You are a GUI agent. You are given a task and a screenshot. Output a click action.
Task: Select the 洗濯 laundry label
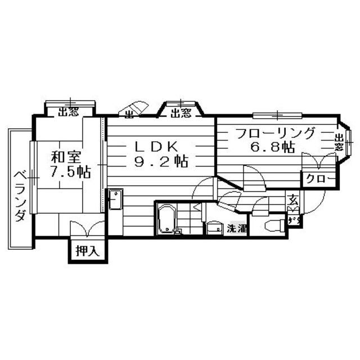tap(236, 229)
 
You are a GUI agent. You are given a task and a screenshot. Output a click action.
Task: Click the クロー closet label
tap(319, 180)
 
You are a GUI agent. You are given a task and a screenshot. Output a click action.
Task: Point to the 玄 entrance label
tap(292, 199)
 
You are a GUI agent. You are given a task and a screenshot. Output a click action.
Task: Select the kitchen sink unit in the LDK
tap(115, 201)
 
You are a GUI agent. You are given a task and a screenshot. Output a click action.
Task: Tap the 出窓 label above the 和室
tap(68, 112)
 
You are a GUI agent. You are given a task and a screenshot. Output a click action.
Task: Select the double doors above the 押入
tap(87, 230)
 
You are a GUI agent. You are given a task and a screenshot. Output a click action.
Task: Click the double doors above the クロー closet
tap(318, 162)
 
